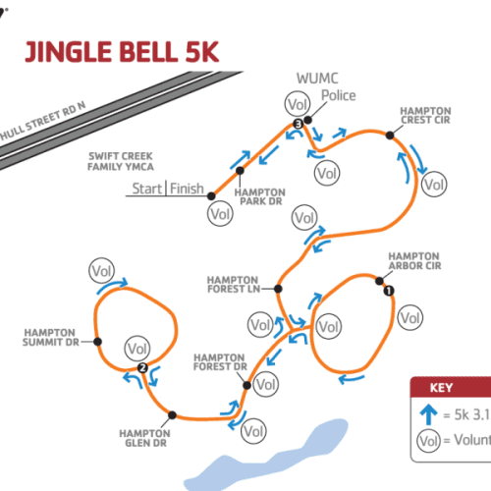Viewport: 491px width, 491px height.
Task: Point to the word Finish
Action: coord(187,189)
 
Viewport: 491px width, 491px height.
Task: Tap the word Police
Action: coord(339,96)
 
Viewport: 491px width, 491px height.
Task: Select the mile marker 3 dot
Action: coord(298,123)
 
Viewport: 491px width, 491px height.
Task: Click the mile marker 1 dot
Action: coord(387,289)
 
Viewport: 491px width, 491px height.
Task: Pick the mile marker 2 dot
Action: coord(143,368)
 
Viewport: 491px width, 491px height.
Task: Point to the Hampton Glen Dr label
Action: coord(144,437)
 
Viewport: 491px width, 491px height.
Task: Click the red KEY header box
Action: coord(451,386)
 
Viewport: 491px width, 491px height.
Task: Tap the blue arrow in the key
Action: coord(430,413)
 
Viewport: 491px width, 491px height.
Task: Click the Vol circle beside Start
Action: coord(220,210)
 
